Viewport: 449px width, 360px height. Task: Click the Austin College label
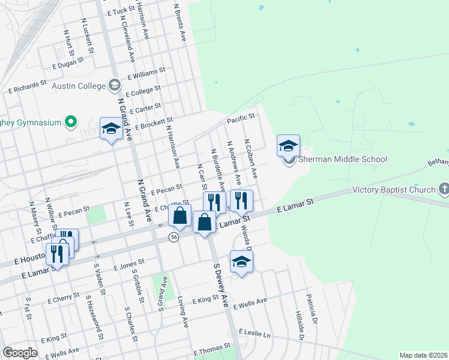point(79,86)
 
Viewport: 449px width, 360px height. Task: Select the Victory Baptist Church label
point(393,190)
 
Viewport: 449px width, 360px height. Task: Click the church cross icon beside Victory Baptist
point(444,190)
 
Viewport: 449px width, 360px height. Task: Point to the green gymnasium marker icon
point(70,122)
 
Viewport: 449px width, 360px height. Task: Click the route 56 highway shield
point(173,237)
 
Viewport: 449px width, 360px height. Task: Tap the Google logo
point(20,353)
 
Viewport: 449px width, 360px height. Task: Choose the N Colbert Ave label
point(250,158)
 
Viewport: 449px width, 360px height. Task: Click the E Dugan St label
point(73,62)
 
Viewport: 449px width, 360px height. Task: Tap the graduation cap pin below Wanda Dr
point(241,262)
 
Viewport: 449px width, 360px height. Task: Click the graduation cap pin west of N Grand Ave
point(111,129)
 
